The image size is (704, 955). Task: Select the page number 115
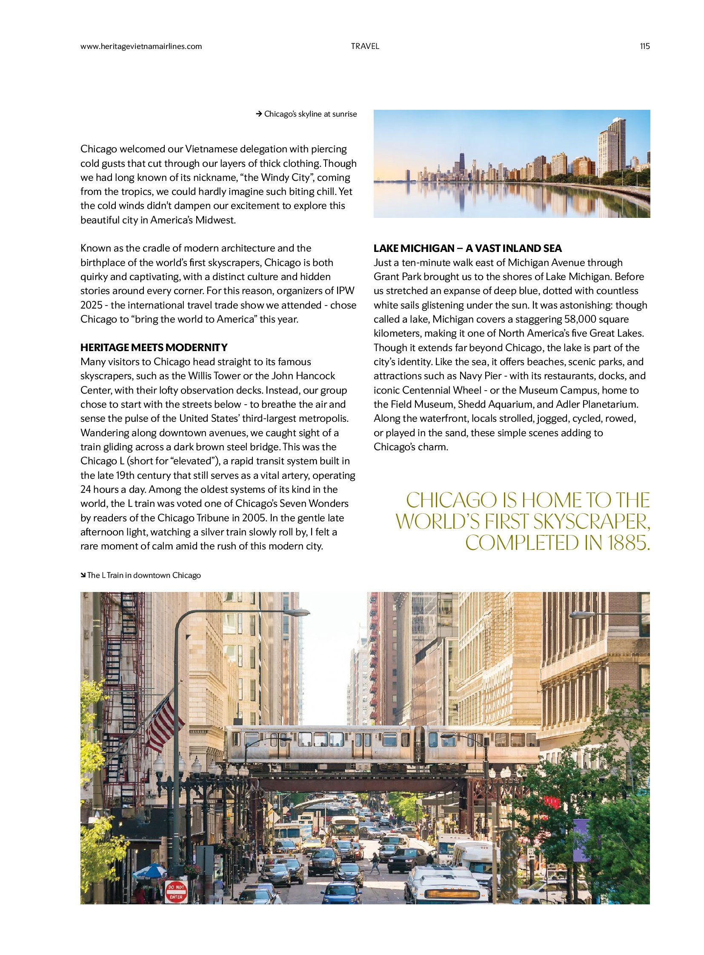coord(644,46)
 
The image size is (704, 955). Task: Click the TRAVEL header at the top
coord(365,46)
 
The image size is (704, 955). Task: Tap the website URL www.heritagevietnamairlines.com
coord(141,46)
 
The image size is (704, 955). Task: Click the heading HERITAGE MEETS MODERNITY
coord(154,347)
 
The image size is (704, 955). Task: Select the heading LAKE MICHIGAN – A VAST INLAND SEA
coord(467,249)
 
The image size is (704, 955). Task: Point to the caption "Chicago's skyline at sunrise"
coord(310,114)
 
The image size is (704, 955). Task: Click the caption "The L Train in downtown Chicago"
coord(143,575)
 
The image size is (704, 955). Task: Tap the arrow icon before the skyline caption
coord(258,114)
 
